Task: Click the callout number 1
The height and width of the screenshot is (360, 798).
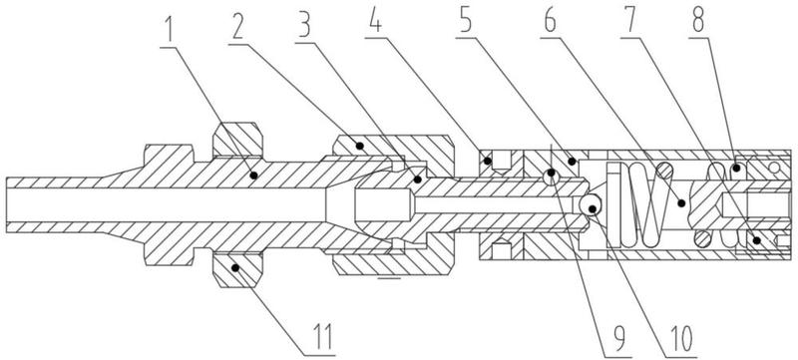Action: pos(169,30)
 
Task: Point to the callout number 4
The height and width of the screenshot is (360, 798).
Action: pos(375,22)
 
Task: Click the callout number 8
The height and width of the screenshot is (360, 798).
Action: pos(698,22)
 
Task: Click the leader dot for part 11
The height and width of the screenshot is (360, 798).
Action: pos(235,267)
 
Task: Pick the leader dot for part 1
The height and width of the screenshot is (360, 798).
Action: pos(253,175)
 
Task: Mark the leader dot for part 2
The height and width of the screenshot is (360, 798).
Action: pos(360,146)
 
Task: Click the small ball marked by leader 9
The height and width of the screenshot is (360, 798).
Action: pos(552,176)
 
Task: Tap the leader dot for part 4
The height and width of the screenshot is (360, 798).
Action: pos(488,162)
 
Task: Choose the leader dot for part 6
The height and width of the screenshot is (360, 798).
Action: pos(682,203)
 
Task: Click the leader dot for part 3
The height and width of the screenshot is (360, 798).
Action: pos(417,179)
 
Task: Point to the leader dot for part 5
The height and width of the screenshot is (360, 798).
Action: pos(572,162)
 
